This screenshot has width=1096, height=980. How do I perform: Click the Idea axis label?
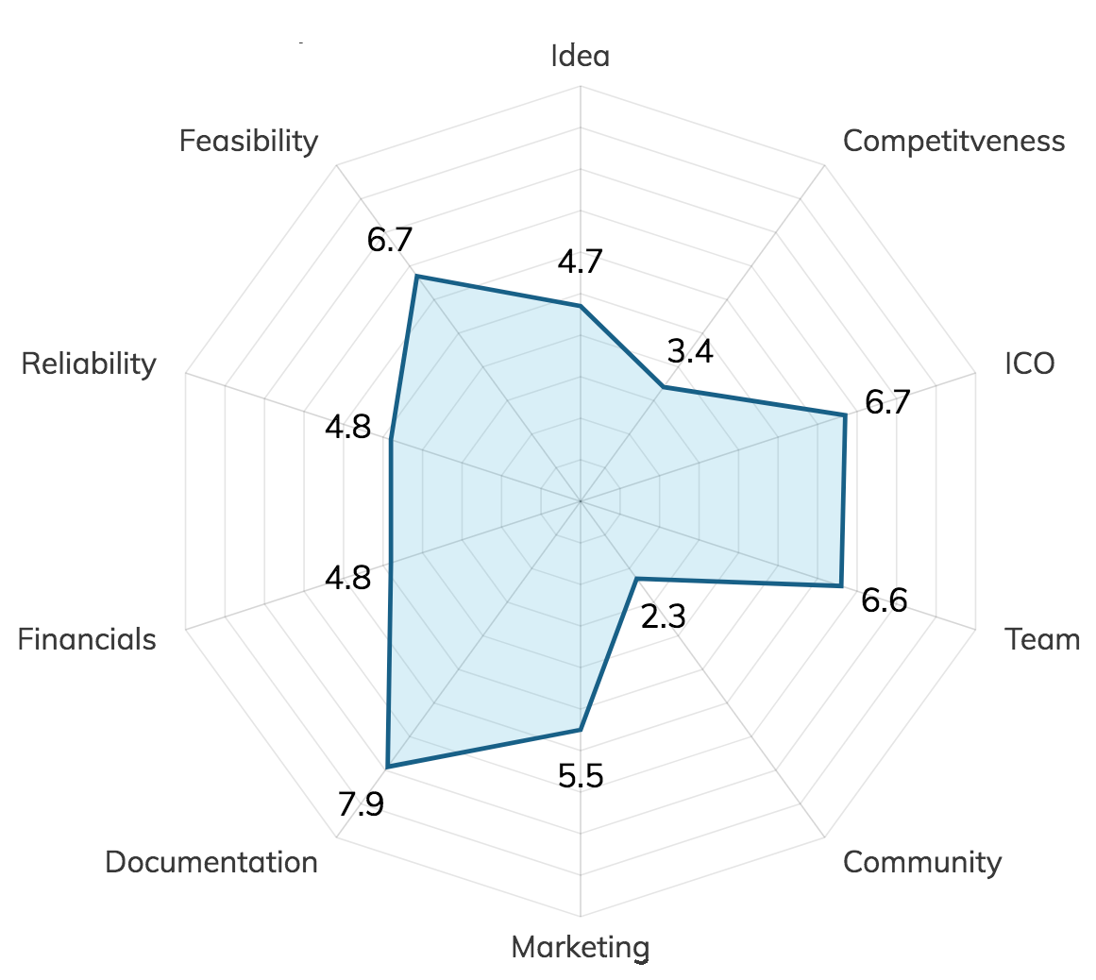[x=581, y=56]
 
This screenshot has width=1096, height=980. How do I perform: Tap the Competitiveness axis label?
[x=953, y=142]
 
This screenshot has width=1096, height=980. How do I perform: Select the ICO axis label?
[x=1029, y=363]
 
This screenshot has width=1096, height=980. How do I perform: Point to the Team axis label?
[x=1042, y=639]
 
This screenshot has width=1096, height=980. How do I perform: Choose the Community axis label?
[x=922, y=862]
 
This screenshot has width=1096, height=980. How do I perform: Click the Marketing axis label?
[x=581, y=947]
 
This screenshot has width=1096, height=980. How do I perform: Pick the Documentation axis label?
[x=211, y=862]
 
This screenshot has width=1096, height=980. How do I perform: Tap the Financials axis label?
[x=87, y=639]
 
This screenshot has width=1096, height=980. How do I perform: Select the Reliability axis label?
[x=89, y=363]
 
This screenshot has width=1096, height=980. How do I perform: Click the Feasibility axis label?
[x=249, y=142]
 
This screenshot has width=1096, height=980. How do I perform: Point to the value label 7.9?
[x=361, y=805]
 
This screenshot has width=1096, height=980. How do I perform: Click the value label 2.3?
[x=662, y=617]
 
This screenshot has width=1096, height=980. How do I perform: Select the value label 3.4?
[x=688, y=352]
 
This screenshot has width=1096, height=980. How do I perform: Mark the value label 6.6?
[x=885, y=600]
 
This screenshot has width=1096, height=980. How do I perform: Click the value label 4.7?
[x=581, y=262]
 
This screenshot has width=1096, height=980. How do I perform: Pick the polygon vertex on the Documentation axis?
[x=387, y=766]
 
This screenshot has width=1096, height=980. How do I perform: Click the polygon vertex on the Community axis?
[x=636, y=579]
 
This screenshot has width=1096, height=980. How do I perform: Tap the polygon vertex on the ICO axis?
[x=845, y=414]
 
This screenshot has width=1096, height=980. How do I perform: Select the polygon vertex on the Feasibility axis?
[x=416, y=276]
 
